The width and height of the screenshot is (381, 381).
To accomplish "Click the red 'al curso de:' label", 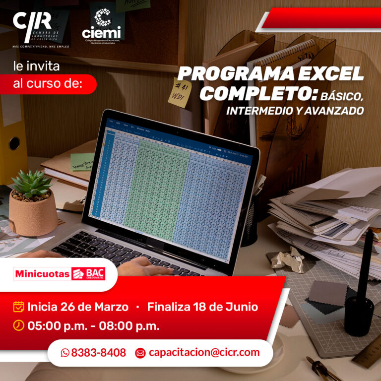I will [x=48, y=84].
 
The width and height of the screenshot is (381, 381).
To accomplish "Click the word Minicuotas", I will [x=42, y=274].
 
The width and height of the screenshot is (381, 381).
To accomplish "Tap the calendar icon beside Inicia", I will [x=19, y=307].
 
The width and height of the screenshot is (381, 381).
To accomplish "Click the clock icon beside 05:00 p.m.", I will [x=19, y=325].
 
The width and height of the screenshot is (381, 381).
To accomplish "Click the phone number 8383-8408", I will [x=99, y=353].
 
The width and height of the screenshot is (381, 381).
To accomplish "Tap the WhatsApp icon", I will [x=65, y=353].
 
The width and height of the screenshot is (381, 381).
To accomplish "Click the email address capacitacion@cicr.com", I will [x=204, y=353].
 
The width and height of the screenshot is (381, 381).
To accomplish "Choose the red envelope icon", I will [x=140, y=353].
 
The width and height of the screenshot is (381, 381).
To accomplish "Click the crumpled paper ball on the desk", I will [x=289, y=258].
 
